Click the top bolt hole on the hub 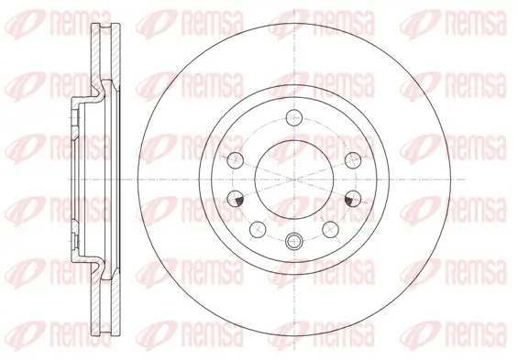point(292,116)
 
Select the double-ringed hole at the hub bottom point(292,242)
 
